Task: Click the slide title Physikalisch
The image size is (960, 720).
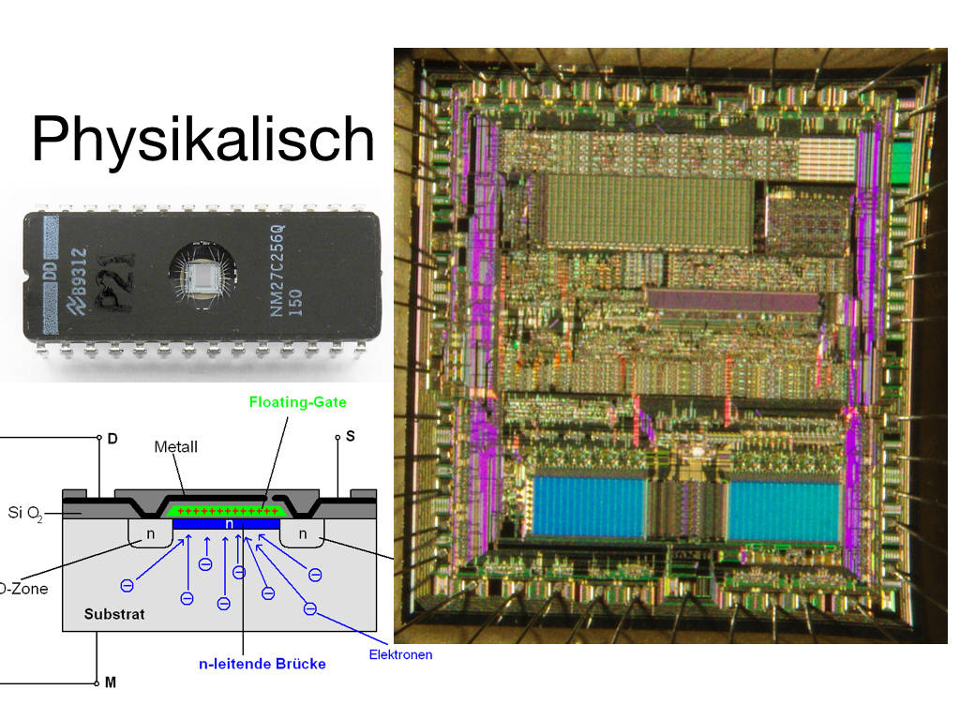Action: coord(202,141)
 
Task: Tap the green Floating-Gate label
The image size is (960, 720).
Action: coord(297,402)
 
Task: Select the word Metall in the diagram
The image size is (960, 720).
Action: coord(175,447)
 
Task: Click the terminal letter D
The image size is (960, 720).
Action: coord(112,438)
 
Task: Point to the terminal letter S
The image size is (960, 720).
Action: coord(351,437)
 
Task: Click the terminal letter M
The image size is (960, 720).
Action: coord(111,682)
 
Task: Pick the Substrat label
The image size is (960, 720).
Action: coord(114,615)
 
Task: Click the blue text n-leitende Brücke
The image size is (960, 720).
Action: coord(262,664)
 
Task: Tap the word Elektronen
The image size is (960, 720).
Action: coord(400,654)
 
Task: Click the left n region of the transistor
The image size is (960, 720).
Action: coord(148,535)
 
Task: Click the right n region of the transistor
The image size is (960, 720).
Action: coord(302,535)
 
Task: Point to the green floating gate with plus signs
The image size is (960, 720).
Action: coord(226,511)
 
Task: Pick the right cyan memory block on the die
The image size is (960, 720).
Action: coord(784,510)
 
